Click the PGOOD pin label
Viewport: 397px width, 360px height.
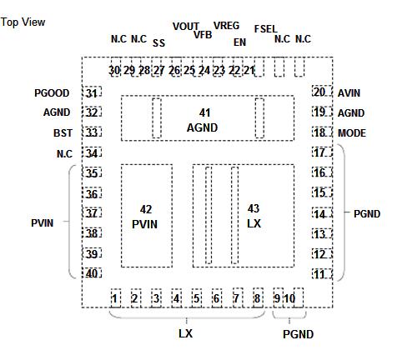pos(52,93)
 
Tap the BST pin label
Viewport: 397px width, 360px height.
pos(63,133)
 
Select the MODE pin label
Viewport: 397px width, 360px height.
pos(352,133)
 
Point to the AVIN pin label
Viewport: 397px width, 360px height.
pos(349,93)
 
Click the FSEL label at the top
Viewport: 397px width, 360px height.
pos(266,29)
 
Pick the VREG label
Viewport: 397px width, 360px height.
pos(226,26)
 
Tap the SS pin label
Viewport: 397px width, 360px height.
pos(158,43)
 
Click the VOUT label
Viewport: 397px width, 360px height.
pos(186,27)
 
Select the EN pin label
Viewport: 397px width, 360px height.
pos(239,42)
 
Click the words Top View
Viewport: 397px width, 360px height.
pos(23,22)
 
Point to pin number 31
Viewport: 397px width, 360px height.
pos(92,93)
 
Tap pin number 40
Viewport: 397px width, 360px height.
pos(92,273)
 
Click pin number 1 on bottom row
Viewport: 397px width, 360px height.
pos(114,298)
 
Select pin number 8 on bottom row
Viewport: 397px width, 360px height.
pos(257,298)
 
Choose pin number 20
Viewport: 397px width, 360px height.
pos(319,92)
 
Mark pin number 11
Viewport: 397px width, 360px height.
pos(319,274)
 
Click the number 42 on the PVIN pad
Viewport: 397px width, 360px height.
pos(146,209)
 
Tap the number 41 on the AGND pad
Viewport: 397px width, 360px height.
pos(204,112)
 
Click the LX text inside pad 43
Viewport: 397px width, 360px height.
pos(254,223)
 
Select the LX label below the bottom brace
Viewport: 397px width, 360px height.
pos(185,333)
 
